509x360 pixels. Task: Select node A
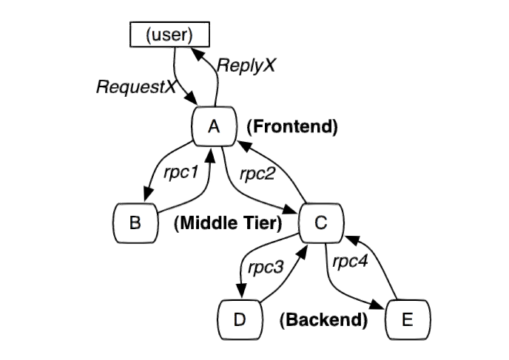214,126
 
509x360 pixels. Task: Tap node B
135,222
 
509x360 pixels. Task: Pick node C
320,222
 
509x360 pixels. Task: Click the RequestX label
136,86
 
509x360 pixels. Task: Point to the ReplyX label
246,65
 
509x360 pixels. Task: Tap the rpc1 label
181,172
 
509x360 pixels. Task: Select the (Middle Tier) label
228,224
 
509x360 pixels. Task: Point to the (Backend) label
323,320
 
